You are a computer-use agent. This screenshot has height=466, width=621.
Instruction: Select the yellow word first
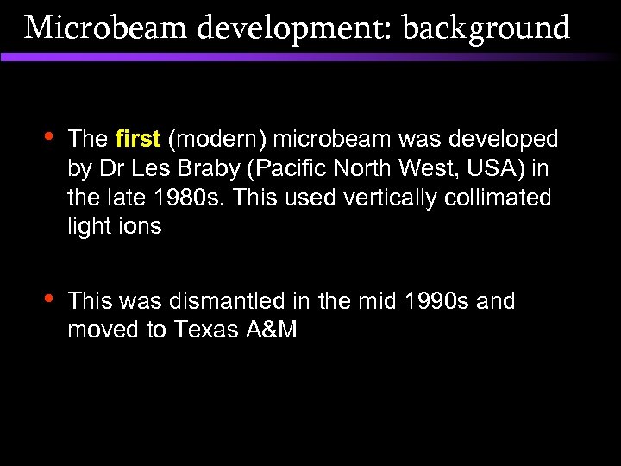(138, 139)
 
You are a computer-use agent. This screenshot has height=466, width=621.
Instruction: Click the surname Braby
(192, 168)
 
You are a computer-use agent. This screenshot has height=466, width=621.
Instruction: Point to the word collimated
(501, 198)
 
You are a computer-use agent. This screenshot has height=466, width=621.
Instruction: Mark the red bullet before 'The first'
(47, 136)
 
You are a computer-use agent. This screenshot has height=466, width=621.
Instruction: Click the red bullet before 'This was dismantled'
(47, 299)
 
